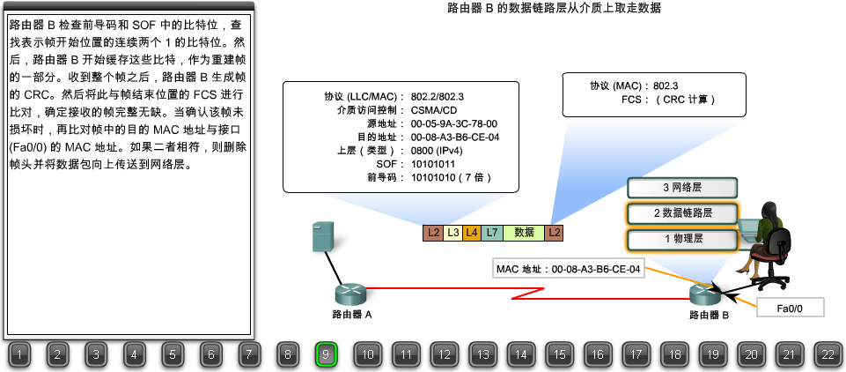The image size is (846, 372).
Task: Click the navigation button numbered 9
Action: click(x=326, y=355)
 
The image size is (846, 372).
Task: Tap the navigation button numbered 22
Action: click(x=827, y=355)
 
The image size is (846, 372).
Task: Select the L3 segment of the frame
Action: click(x=452, y=233)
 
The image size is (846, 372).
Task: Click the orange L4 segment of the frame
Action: click(x=472, y=233)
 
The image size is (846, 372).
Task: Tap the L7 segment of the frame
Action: click(x=492, y=233)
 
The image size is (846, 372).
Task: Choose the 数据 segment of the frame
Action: click(x=524, y=233)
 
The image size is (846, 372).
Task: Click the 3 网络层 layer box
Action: click(x=682, y=188)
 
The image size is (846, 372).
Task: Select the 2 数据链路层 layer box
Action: click(x=682, y=213)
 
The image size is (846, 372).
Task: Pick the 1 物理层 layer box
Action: click(x=682, y=239)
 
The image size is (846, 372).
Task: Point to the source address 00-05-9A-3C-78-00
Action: click(x=454, y=124)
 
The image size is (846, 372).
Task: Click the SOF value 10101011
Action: click(x=433, y=164)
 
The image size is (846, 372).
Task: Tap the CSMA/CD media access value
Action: click(x=434, y=111)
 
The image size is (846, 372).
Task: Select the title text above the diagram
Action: click(x=554, y=8)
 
